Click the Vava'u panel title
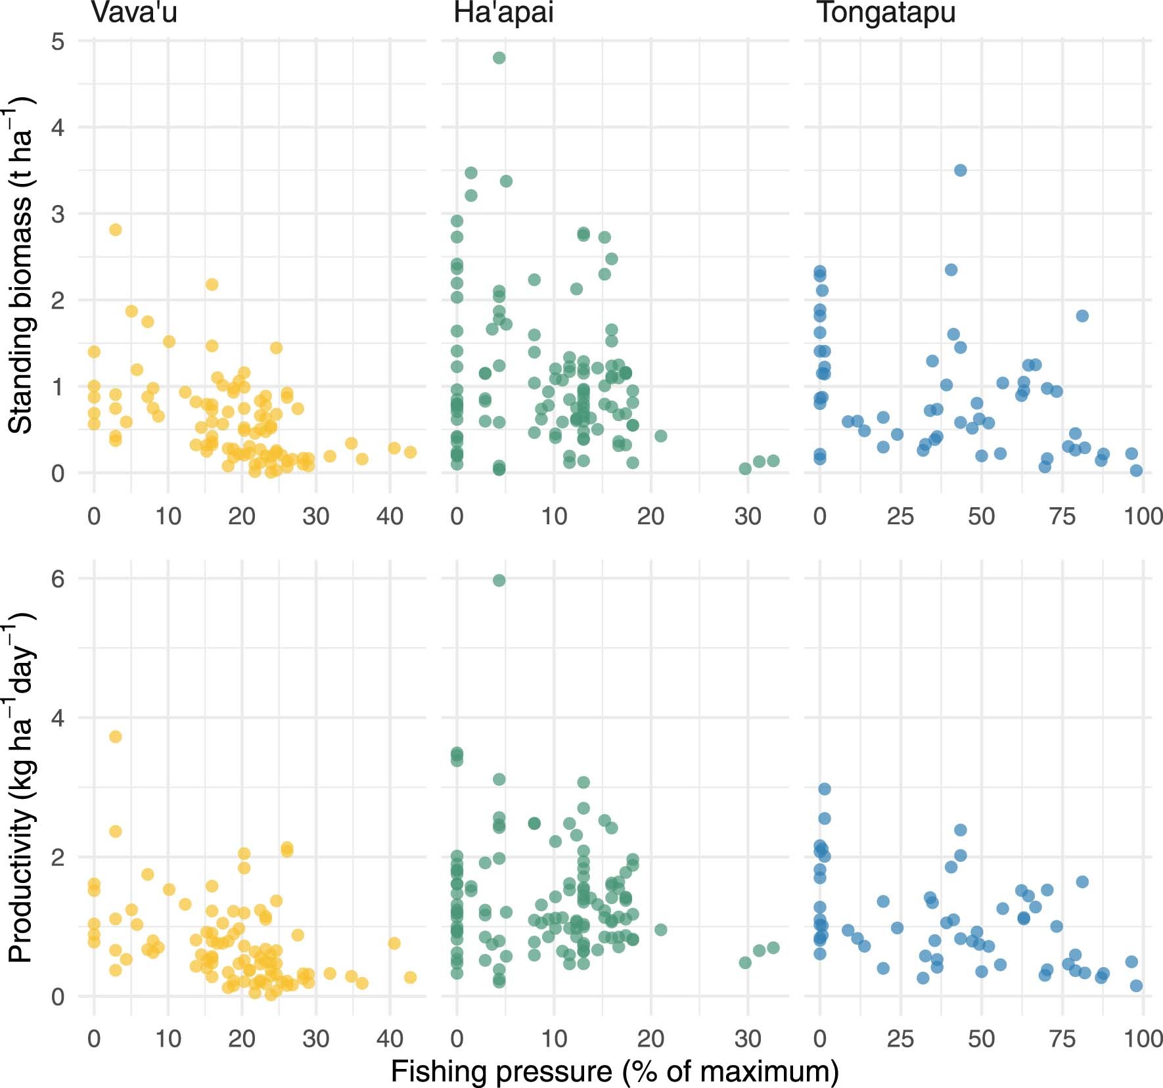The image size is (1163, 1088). tap(134, 12)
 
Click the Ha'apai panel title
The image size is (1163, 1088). tap(503, 12)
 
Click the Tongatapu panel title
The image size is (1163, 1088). tap(886, 12)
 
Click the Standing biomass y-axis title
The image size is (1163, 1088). tap(20, 265)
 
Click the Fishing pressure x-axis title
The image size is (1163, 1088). tap(614, 1071)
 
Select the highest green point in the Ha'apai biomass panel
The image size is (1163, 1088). tap(499, 58)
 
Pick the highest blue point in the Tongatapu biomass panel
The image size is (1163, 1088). tap(960, 170)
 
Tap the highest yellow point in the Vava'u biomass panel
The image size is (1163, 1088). tap(115, 229)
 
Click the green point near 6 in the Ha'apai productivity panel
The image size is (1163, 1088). tap(499, 580)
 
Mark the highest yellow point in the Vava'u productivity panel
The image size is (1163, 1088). tap(115, 737)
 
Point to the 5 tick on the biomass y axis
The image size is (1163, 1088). tap(58, 41)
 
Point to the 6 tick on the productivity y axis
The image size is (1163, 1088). tap(58, 579)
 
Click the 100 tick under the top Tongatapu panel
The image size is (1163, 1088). tap(1143, 516)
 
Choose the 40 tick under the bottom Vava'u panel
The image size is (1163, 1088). tap(390, 1039)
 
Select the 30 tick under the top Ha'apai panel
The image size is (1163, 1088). tap(748, 516)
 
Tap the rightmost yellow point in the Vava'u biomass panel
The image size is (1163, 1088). tap(410, 452)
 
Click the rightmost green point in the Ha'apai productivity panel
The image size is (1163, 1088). tap(773, 947)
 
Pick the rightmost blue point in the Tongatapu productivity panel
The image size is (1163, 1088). tap(1136, 986)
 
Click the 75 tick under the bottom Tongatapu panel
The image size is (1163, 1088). tap(1062, 1039)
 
